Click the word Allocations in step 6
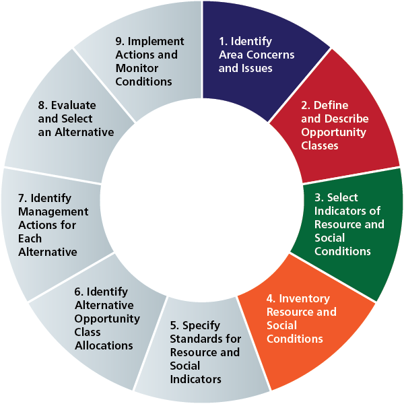[104, 345]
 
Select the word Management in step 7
[48, 211]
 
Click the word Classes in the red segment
[320, 145]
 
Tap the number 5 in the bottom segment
[175, 325]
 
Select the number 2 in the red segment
[305, 105]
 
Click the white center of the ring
[202, 202]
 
